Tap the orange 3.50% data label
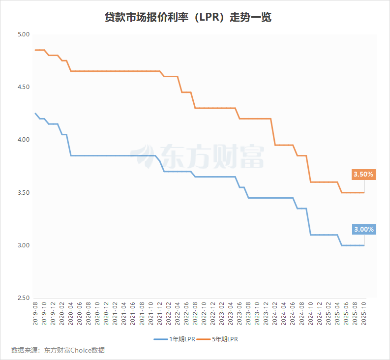[x=363, y=174]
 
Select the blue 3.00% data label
[x=363, y=229]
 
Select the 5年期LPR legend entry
[x=225, y=339]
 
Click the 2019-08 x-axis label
[x=35, y=313]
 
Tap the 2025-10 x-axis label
[x=364, y=313]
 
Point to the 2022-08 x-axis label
[x=195, y=313]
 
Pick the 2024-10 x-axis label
[x=311, y=313]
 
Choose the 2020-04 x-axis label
[x=71, y=313]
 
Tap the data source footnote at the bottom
[x=58, y=350]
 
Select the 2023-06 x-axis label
[x=240, y=313]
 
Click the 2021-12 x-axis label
[x=160, y=313]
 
